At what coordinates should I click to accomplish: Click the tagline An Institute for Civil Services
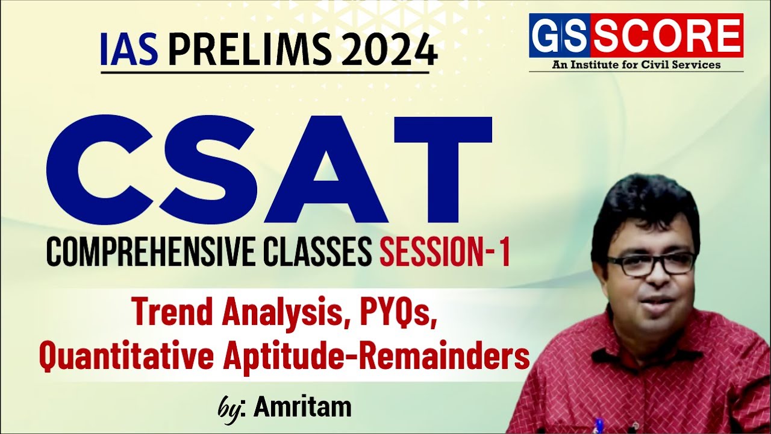(x=636, y=64)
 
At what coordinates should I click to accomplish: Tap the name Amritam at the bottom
(x=302, y=407)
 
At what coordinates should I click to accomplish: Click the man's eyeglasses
(x=651, y=263)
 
